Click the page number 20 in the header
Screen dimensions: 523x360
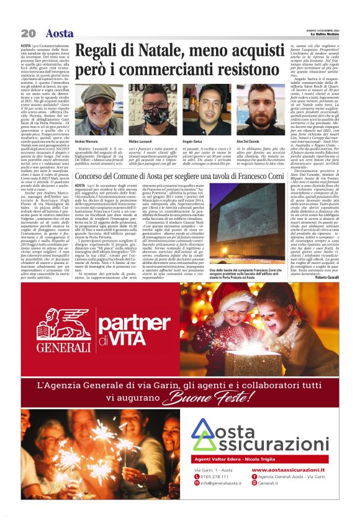(x=27, y=33)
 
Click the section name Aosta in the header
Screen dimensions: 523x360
(x=60, y=33)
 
